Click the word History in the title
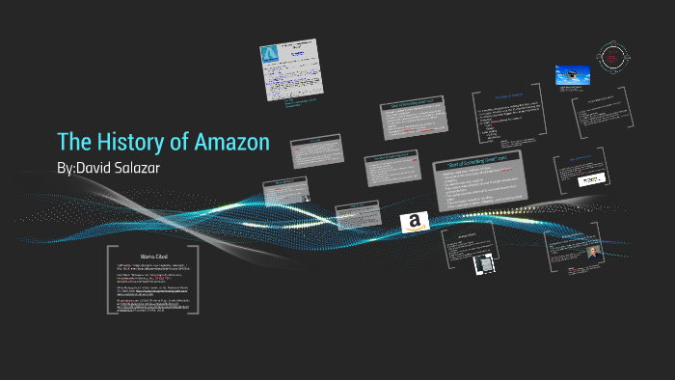click(x=133, y=142)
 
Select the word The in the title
click(x=74, y=142)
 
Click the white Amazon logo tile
click(x=415, y=224)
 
